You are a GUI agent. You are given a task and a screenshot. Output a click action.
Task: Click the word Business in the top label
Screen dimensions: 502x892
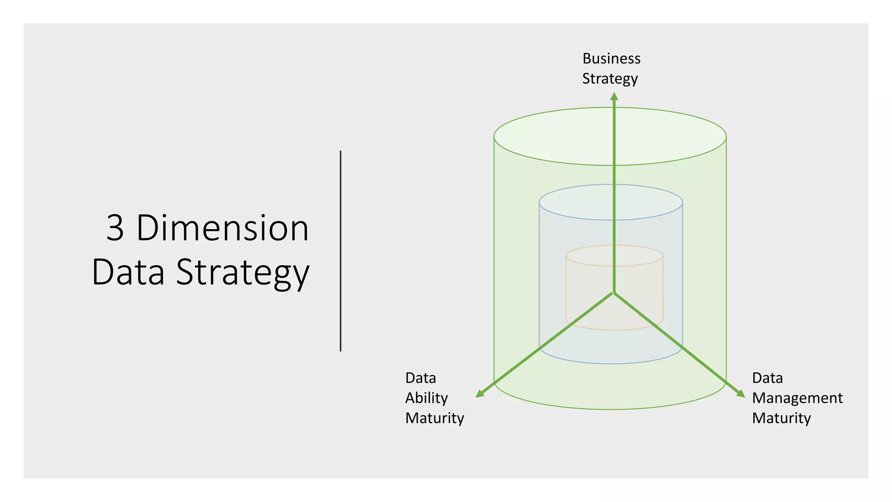[x=611, y=58]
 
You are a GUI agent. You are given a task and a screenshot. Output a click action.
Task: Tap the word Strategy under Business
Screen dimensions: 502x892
[x=610, y=79]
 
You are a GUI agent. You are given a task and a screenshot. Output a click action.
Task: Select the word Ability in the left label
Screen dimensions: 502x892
[x=426, y=398]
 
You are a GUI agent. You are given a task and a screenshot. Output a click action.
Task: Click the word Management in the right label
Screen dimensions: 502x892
[x=797, y=398]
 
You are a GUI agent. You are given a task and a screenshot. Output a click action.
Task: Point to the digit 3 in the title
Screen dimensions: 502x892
[x=115, y=228]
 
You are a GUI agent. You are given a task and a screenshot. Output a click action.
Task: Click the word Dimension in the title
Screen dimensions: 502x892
[x=223, y=228]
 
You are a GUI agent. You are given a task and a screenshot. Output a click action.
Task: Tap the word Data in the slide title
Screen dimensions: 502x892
[x=128, y=272]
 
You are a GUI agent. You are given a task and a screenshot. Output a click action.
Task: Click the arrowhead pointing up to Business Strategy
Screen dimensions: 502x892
[x=614, y=96]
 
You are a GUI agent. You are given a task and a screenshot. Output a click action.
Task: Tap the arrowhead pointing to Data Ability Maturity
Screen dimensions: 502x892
[x=480, y=393]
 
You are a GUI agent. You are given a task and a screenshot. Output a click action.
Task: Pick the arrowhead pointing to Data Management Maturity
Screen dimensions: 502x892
[x=740, y=393]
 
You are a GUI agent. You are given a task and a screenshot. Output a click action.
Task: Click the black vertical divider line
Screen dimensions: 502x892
[x=341, y=251]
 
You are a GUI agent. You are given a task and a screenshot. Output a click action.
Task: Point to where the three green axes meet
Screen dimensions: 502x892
[x=614, y=293]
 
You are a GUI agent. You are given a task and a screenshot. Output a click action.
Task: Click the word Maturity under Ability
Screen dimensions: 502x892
[x=434, y=418]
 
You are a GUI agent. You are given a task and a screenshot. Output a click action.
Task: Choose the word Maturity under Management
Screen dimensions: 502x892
[x=781, y=418]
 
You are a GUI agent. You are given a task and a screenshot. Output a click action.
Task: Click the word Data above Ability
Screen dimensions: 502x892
[x=420, y=378]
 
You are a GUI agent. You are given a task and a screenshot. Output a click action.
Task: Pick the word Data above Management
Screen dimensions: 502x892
[x=767, y=378]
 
